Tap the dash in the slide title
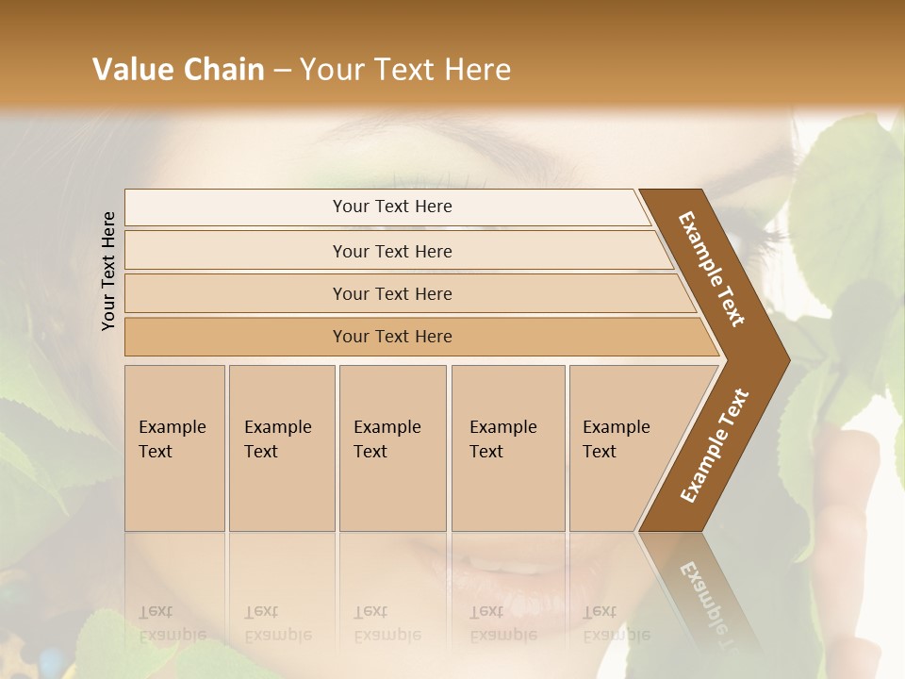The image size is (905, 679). click(x=282, y=71)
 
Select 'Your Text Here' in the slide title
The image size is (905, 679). click(x=405, y=70)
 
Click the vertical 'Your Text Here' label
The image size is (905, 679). click(x=109, y=271)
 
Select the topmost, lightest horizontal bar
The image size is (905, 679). click(x=391, y=207)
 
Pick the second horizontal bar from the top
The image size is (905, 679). click(x=391, y=251)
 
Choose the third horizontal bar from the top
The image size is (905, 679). click(x=391, y=293)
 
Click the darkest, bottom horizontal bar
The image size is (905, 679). click(x=391, y=337)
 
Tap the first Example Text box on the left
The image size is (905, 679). click(x=174, y=447)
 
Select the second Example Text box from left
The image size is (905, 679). click(x=281, y=447)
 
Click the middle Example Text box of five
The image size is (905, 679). click(x=391, y=447)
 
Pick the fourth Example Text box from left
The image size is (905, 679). click(x=507, y=447)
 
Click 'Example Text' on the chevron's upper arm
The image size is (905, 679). click(x=713, y=269)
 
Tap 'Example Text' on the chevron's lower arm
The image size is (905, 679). click(x=715, y=446)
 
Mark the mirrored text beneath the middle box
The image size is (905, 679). click(x=387, y=623)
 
